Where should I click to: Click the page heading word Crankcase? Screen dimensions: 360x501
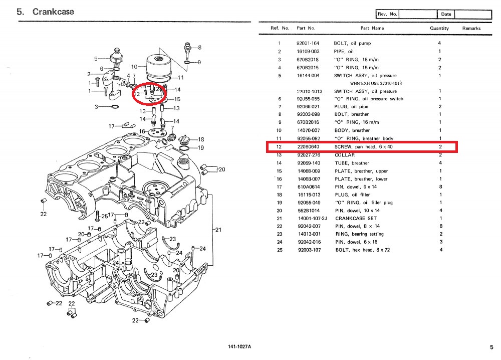pos(53,12)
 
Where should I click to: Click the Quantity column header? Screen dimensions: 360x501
pos(439,29)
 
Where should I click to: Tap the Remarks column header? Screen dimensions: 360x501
pos(471,29)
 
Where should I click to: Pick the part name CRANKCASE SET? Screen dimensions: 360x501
pos(353,218)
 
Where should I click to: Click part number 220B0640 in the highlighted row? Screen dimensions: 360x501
pos(308,147)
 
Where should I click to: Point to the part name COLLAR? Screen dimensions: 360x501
pos(344,155)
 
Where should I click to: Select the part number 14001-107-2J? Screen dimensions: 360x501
pos(311,218)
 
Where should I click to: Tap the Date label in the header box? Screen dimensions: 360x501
pos(446,14)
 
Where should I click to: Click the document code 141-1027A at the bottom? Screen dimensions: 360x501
pos(239,347)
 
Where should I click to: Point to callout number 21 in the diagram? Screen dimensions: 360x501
pos(218,230)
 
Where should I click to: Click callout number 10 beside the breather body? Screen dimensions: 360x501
pos(134,67)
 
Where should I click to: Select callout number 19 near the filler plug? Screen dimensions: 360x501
pos(201,148)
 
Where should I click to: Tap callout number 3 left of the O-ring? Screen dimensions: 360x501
pos(96,107)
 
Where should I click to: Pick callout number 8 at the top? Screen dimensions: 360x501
pos(199,48)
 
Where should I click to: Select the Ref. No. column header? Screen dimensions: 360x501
pos(280,29)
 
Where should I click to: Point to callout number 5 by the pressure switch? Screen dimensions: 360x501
pos(97,59)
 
